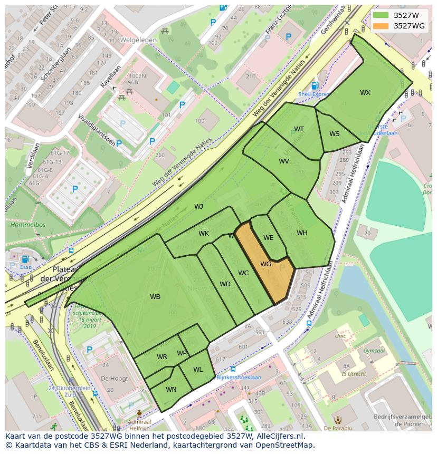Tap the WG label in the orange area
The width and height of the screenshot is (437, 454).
click(265, 264)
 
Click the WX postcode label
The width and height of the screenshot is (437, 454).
click(365, 93)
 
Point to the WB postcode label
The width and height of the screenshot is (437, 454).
click(155, 297)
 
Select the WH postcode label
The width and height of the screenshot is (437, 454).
click(302, 233)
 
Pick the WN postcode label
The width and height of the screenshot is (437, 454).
click(171, 390)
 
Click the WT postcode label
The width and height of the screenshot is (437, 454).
click(299, 129)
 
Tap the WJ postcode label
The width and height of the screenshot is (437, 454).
click(198, 207)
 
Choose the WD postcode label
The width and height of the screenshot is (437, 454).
click(225, 284)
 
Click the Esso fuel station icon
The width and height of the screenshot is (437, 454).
click(25, 259)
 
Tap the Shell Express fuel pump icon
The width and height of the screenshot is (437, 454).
click(315, 86)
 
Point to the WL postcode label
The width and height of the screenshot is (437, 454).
click(197, 370)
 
